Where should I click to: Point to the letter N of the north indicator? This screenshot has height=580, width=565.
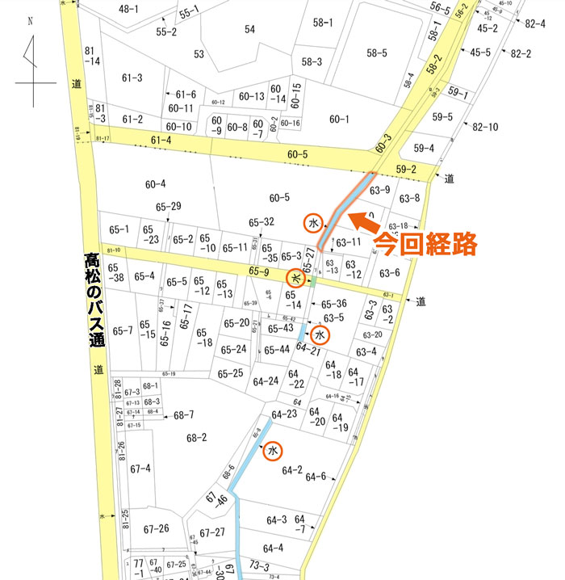pos(30,23)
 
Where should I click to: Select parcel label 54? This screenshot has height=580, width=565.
pos(249,30)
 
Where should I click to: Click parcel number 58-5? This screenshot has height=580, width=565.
pos(377,53)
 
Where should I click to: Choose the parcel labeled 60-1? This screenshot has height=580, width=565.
pos(339,120)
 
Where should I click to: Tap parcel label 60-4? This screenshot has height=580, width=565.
pos(155,183)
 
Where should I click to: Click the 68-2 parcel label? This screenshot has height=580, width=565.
pos(197,438)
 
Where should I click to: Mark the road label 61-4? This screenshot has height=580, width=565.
pos(161,141)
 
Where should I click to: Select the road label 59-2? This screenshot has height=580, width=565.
pos(405,170)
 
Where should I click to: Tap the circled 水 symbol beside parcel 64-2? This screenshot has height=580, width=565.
pos(273,451)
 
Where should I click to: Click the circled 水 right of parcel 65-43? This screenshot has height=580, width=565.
pos(319,334)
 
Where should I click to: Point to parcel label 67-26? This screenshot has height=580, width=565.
pos(156,529)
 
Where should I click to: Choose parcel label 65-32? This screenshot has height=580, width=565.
pos(262,222)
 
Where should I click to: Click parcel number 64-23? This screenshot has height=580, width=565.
pos(285,414)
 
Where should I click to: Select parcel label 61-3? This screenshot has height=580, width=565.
pos(132,78)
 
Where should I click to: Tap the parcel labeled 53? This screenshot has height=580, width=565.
pos(199,54)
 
